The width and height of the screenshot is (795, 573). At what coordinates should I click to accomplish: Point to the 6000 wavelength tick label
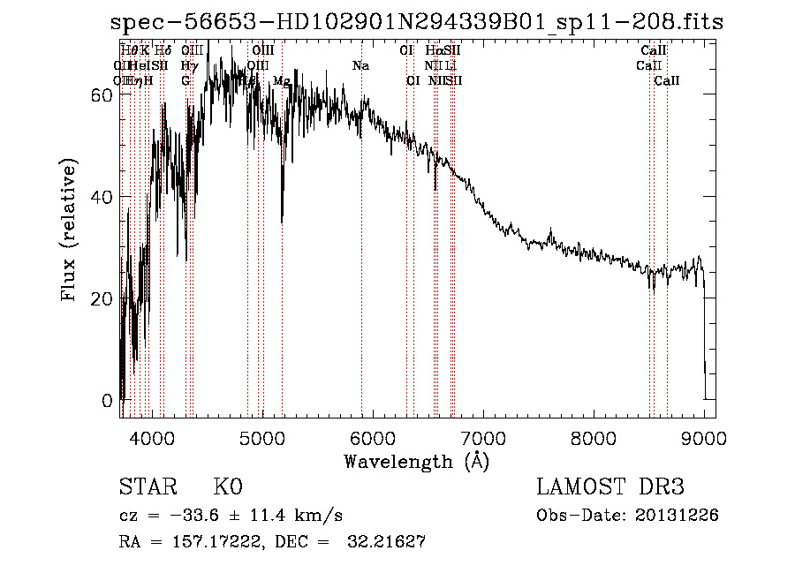[372, 437]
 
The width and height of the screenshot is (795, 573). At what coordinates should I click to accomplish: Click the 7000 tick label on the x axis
[482, 437]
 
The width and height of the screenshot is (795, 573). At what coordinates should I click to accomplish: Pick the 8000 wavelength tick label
[593, 437]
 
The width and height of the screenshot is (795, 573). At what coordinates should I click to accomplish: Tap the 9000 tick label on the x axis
[703, 437]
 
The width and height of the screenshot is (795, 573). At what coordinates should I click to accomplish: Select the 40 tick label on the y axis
[102, 197]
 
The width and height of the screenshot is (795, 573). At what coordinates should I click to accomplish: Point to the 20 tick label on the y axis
[102, 298]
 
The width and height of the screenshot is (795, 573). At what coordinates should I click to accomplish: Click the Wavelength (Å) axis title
[416, 461]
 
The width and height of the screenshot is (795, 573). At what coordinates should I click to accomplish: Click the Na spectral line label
[360, 66]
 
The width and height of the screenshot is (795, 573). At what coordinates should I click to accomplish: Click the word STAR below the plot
[147, 487]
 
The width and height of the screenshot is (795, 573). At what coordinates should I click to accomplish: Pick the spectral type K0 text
[228, 487]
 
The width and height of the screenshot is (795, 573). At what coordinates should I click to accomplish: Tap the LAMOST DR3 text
[610, 487]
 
